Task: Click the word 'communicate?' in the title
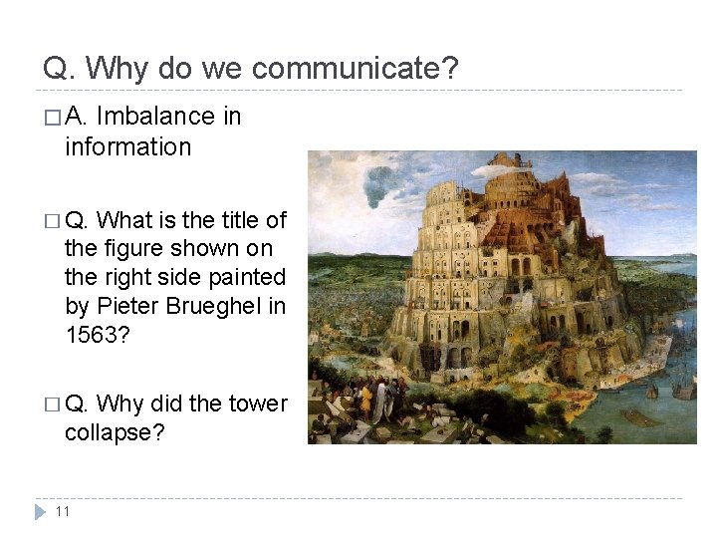(356, 69)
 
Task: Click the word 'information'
(127, 146)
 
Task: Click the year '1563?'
(96, 335)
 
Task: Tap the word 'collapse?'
(114, 433)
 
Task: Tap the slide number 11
(63, 511)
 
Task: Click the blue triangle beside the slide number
(40, 511)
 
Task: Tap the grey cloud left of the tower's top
(383, 181)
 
